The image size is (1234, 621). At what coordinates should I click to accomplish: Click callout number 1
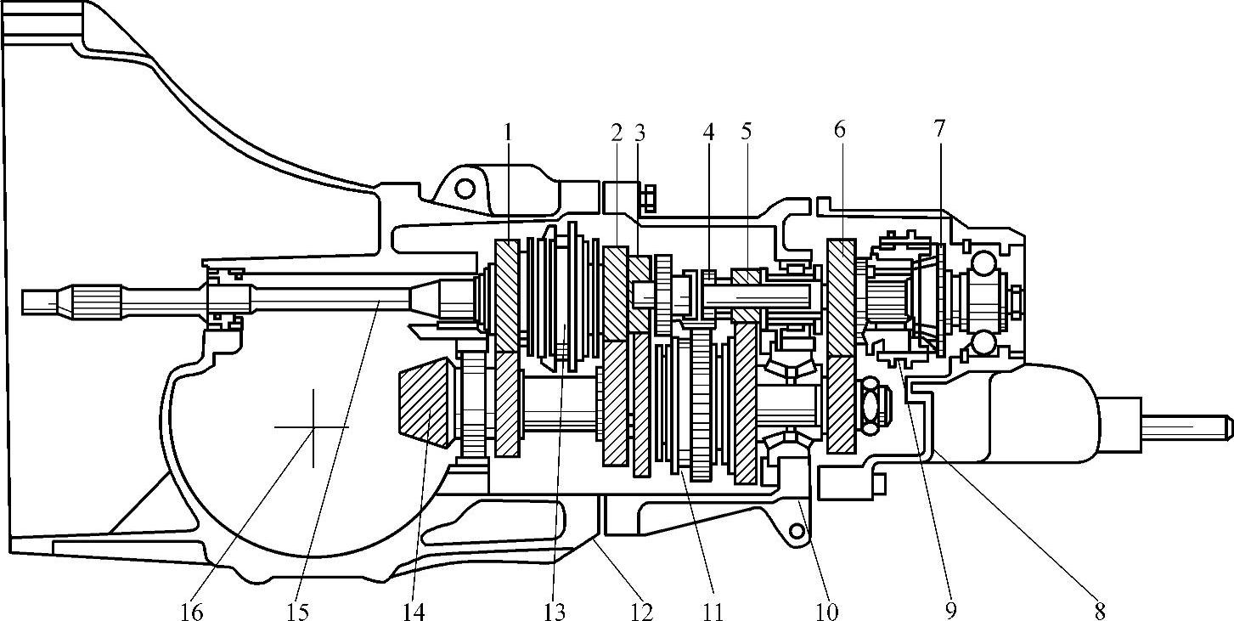tap(508, 132)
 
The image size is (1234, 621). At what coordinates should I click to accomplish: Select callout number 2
tap(617, 132)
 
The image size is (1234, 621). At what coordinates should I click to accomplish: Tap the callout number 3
tap(640, 132)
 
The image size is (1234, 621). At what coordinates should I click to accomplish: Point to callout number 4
tap(708, 132)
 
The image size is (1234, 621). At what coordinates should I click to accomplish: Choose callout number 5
tap(746, 132)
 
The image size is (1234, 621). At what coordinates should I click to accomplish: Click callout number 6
tap(840, 130)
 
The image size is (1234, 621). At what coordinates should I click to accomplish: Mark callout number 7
tap(938, 128)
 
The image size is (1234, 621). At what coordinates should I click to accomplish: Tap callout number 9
tap(950, 608)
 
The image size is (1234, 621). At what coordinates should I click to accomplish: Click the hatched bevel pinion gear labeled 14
tap(425, 404)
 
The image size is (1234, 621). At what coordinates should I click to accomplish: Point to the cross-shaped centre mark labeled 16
tap(313, 427)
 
